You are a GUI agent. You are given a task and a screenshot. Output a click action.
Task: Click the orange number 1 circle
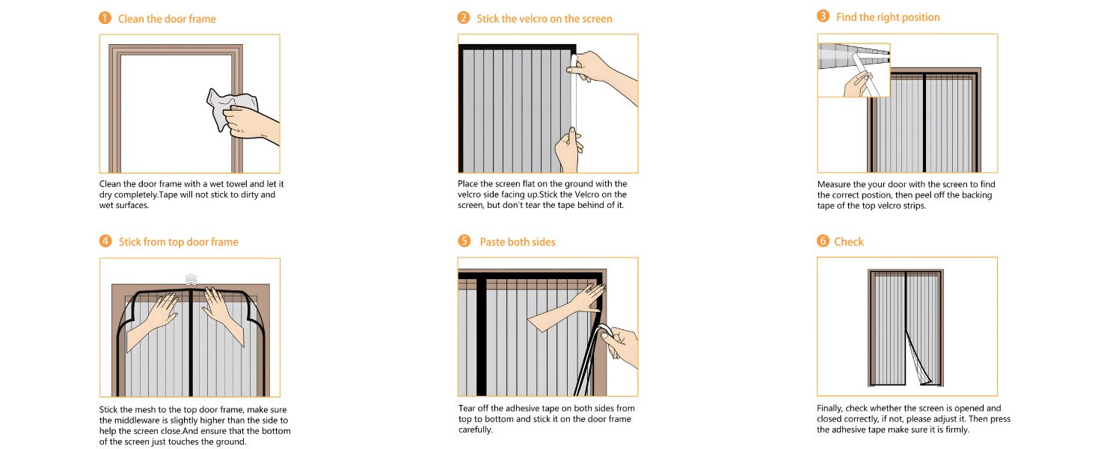(105, 19)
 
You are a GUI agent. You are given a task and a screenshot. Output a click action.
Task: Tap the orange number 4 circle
(105, 242)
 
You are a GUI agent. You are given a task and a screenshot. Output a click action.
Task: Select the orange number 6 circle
(823, 242)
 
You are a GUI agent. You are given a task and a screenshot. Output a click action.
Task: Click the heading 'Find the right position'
(888, 17)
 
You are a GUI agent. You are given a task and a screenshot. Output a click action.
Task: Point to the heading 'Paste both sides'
(517, 242)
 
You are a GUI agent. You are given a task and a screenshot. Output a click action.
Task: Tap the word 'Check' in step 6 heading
(849, 242)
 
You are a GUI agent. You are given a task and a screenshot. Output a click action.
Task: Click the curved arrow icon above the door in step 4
(191, 278)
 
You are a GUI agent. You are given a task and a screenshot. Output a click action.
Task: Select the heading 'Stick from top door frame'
(178, 242)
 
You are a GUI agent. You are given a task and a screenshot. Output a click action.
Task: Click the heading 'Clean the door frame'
(167, 19)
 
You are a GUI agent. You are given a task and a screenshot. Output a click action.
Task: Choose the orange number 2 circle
(464, 18)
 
